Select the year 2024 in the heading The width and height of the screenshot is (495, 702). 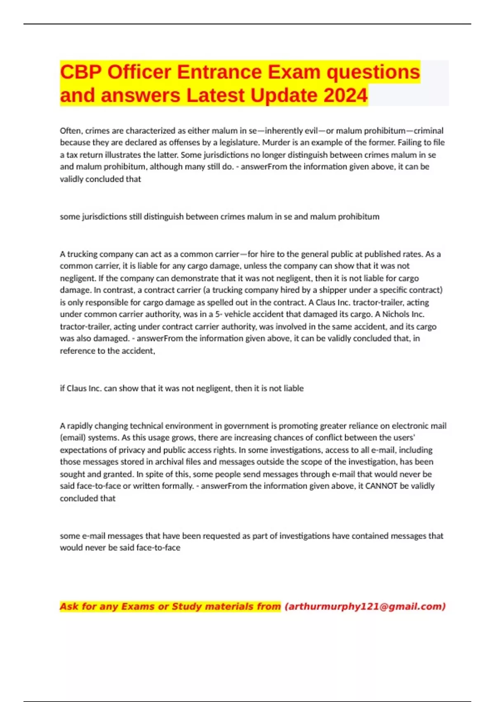tap(345, 95)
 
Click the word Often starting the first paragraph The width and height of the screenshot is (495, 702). tap(71, 131)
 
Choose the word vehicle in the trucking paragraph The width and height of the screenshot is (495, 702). tap(236, 314)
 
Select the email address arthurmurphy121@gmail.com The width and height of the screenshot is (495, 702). tap(365, 607)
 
